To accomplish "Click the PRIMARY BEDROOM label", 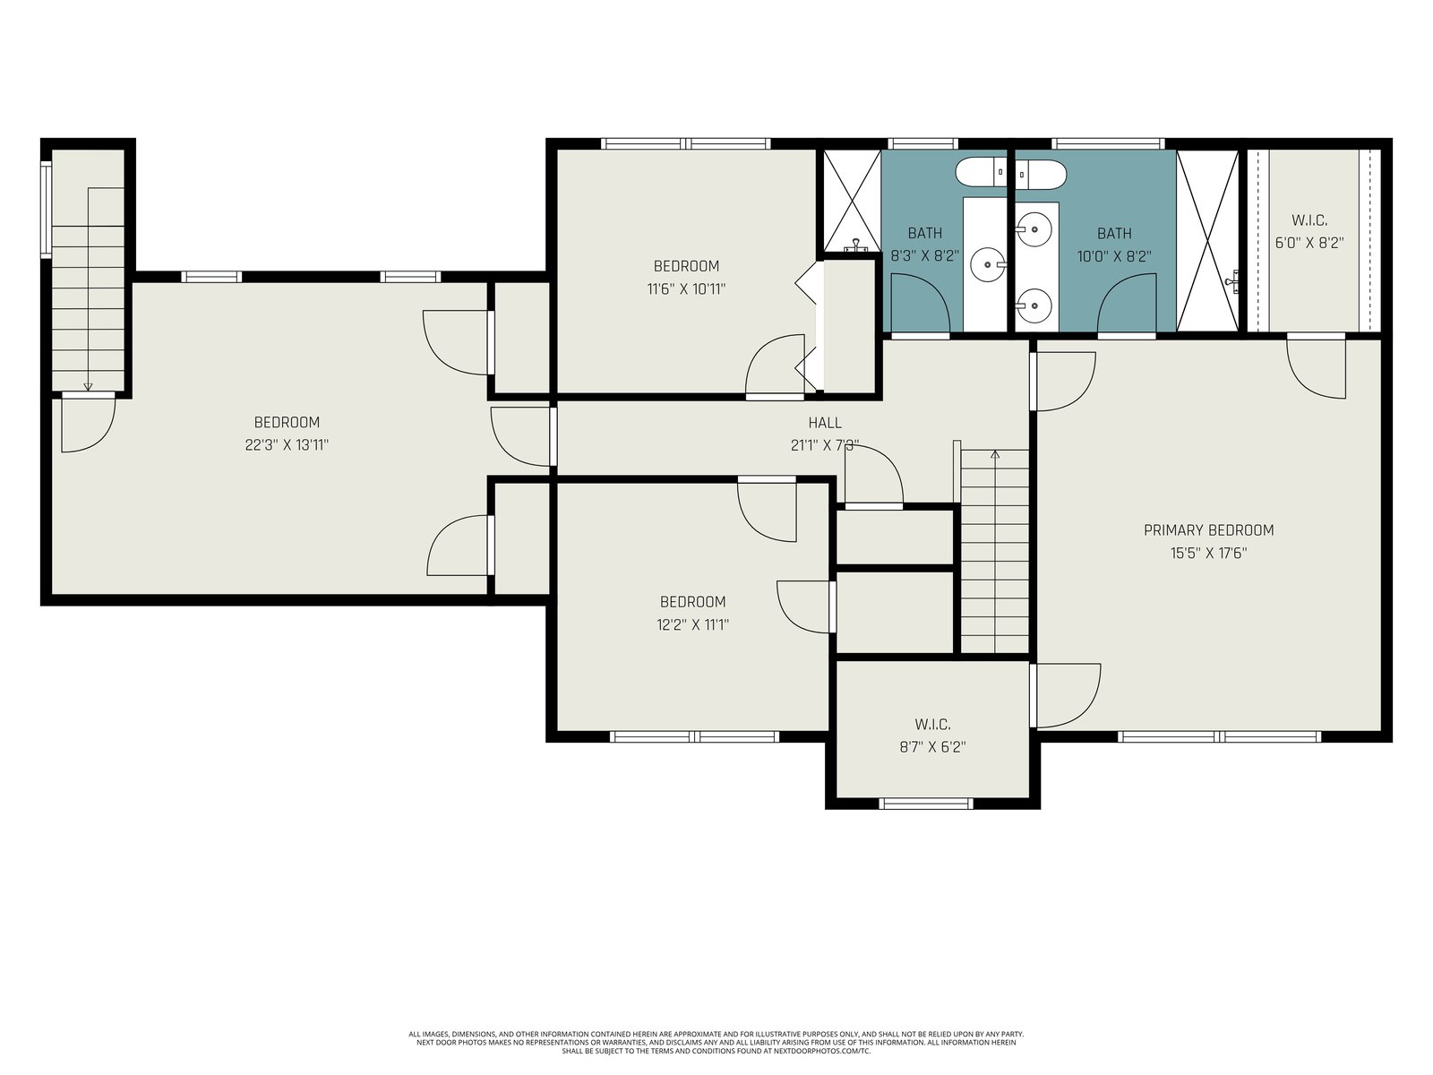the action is click(x=1208, y=530).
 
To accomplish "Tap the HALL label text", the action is click(x=825, y=423).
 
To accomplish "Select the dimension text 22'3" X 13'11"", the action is click(x=287, y=445).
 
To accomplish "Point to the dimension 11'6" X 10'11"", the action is click(x=686, y=288).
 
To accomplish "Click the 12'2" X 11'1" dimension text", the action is click(x=692, y=624).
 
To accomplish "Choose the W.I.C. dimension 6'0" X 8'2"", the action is click(x=1309, y=243).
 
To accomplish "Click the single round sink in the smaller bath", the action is click(x=989, y=264).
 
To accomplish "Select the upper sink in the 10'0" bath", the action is click(x=1034, y=229).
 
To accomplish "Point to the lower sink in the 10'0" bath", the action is click(x=1034, y=305).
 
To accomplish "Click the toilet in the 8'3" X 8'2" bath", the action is click(x=981, y=173).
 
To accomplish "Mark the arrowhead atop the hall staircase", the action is click(x=994, y=453).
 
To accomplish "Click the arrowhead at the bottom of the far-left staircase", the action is click(x=88, y=386).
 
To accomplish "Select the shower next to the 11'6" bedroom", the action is click(x=852, y=201).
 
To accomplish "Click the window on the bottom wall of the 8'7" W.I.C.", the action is click(x=926, y=804).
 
